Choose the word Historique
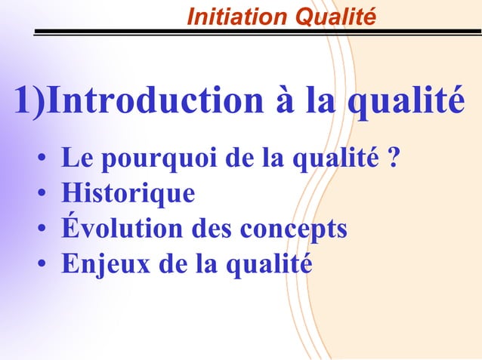coord(128,194)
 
